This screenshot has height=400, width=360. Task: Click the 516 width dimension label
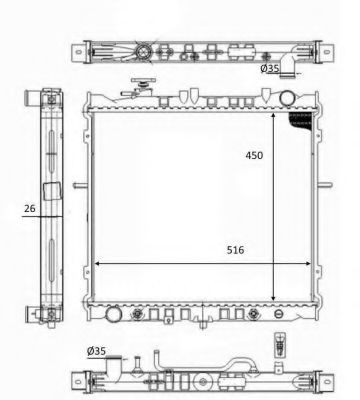point(236,250)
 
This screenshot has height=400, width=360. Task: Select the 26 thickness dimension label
point(31,208)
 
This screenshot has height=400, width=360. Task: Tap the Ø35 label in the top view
point(272,70)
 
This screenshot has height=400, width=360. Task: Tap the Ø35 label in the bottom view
point(96,350)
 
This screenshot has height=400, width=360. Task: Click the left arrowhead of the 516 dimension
point(96,264)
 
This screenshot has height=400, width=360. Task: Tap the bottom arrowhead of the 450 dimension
point(274,297)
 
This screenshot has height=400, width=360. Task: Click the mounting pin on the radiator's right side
point(323,183)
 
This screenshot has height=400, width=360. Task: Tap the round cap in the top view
point(146,51)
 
